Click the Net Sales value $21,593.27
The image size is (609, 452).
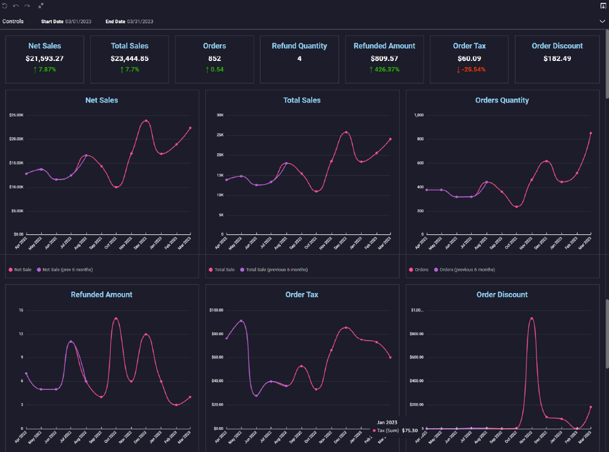point(44,58)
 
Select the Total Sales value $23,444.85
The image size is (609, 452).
point(130,58)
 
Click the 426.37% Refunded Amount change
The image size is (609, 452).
point(384,70)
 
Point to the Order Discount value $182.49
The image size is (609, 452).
point(557,58)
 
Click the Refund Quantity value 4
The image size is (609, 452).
point(300,58)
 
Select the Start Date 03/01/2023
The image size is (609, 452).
point(78,22)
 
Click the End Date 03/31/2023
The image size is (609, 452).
point(140,22)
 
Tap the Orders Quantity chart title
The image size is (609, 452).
point(502,100)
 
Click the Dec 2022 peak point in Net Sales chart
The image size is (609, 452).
point(146,121)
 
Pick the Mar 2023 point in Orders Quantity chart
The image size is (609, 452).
point(591,133)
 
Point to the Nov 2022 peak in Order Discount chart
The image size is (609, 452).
point(531,319)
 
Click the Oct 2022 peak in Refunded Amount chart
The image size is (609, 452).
point(116,319)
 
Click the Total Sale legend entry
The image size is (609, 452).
point(224,270)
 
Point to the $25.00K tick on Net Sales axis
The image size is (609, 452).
point(16,115)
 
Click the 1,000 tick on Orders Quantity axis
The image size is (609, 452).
point(419,115)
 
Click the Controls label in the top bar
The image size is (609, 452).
point(13,22)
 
